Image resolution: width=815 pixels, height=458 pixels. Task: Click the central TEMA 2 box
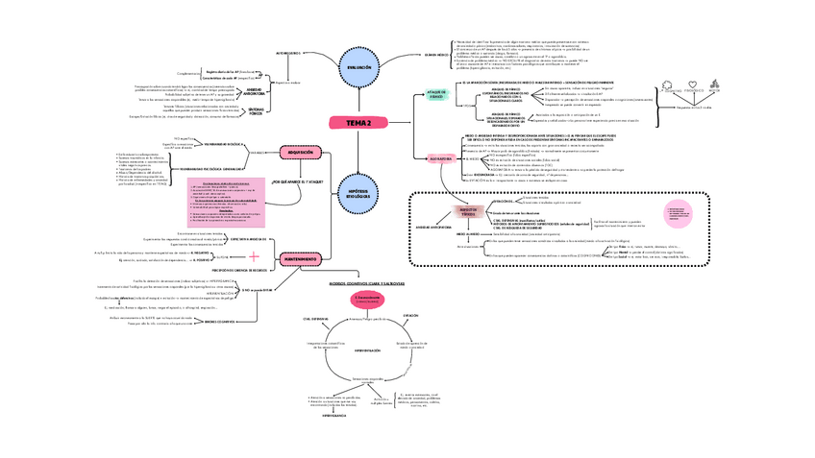[x=358, y=122]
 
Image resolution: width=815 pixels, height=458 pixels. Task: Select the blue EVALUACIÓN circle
[x=358, y=67]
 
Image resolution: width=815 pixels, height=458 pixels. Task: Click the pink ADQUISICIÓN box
[x=297, y=151]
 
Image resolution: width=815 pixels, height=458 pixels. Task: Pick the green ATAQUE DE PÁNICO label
[x=436, y=94]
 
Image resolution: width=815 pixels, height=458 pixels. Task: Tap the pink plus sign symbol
[x=254, y=256]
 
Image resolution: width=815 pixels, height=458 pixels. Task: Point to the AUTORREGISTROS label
[x=288, y=53]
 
